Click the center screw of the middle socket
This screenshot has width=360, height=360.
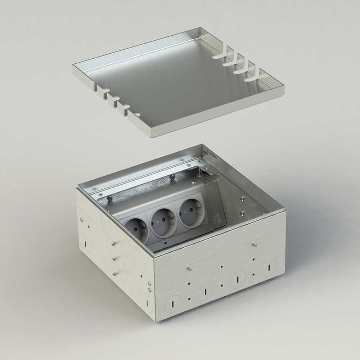pos(158,222)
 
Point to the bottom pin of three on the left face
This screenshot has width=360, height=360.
pos(115,274)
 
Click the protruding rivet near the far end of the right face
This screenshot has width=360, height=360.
pos(255,245)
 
